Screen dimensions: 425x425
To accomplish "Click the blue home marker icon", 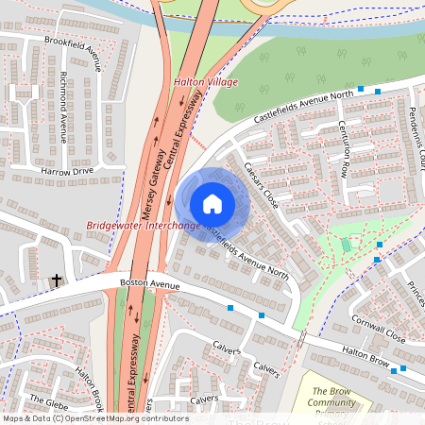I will [212, 204].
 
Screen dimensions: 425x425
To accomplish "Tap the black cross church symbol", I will [56, 280].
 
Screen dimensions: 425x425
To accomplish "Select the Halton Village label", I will [205, 83].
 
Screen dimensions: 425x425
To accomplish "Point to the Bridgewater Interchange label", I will [143, 226].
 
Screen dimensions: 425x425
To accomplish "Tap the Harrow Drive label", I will [67, 171].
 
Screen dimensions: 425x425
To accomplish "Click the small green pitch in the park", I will [346, 246].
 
